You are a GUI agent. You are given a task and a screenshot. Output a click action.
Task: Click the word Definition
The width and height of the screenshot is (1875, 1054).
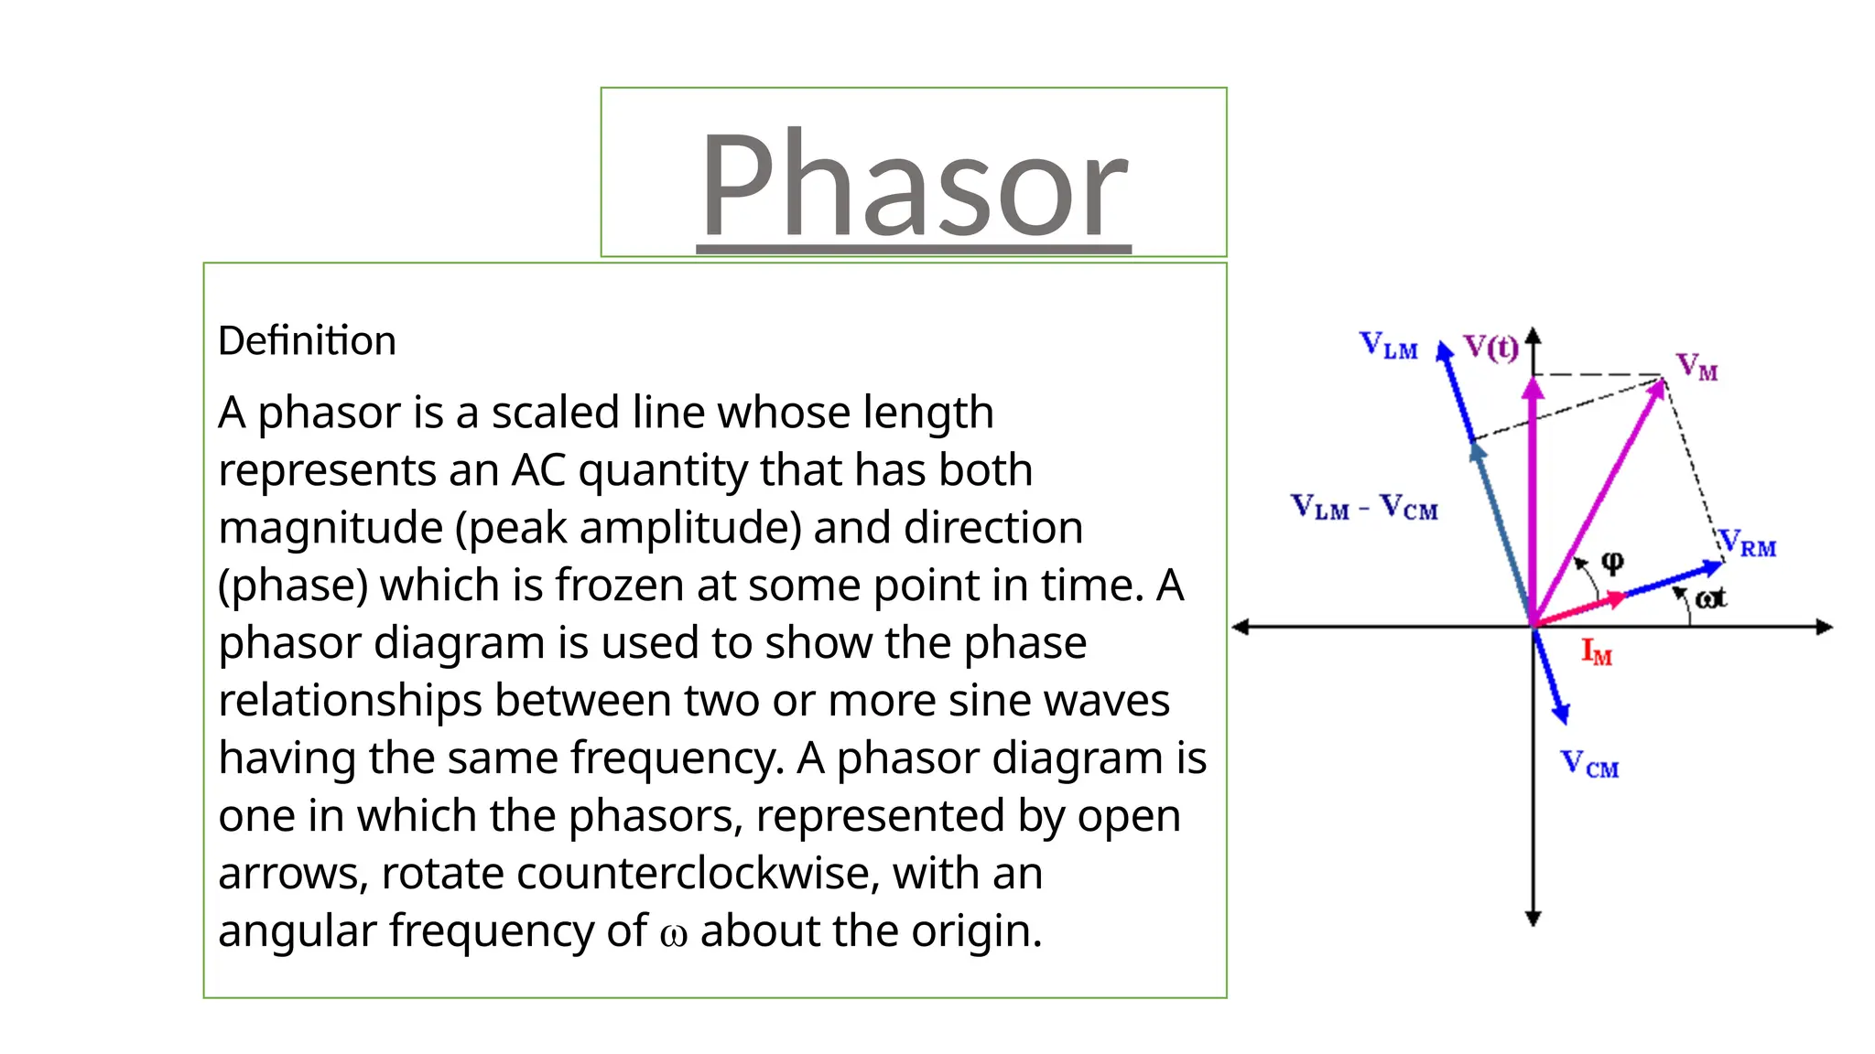(307, 341)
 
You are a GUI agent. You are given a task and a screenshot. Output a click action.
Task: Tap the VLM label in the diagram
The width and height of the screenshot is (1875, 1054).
(1388, 345)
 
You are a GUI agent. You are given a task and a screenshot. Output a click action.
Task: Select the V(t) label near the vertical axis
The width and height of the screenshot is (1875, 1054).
(1490, 347)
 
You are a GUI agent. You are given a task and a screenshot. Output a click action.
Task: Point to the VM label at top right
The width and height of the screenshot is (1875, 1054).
(1696, 366)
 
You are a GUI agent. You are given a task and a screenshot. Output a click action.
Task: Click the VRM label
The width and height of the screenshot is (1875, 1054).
(1747, 543)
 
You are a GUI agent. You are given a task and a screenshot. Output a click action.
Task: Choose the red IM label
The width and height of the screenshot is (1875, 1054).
(1597, 652)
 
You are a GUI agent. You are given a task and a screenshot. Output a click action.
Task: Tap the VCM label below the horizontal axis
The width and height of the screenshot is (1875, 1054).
(1589, 764)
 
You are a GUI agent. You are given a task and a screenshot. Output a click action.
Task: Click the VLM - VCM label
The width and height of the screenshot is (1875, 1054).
(1364, 507)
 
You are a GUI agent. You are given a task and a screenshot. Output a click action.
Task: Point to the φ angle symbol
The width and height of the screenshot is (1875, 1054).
(1612, 561)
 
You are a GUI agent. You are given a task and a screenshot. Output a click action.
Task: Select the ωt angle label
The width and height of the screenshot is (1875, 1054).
(1710, 598)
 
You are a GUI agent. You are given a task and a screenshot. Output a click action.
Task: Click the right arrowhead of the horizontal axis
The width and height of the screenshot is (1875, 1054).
(1825, 627)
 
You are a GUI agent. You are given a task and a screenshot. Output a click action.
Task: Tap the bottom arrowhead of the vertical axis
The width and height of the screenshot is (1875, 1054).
(1534, 919)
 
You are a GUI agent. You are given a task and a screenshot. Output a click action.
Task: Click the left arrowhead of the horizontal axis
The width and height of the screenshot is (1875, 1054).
(1241, 627)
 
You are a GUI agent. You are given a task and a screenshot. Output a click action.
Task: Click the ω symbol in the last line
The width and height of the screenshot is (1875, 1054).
(673, 934)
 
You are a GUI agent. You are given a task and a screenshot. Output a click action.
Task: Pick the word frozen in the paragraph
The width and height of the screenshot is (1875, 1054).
(618, 586)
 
